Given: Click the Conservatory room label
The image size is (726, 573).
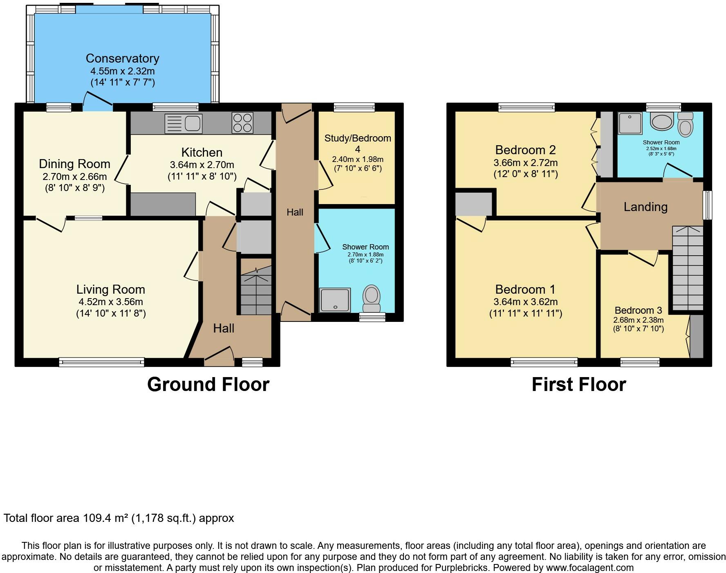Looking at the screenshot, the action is click(x=122, y=58).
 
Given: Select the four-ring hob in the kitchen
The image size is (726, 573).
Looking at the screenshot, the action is click(x=242, y=123).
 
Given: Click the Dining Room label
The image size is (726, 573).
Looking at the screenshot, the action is click(x=74, y=164).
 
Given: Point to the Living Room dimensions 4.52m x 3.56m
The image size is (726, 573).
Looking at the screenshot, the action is click(x=111, y=302).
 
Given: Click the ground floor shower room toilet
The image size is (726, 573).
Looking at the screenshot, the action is click(x=372, y=299).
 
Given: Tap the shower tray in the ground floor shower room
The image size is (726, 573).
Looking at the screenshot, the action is click(x=335, y=300).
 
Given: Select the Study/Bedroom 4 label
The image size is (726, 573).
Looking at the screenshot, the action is click(x=358, y=144).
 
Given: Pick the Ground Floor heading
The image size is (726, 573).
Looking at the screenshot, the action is click(x=208, y=384).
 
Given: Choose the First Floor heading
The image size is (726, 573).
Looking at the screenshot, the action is click(x=579, y=384).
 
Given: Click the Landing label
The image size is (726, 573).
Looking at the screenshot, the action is click(x=645, y=207).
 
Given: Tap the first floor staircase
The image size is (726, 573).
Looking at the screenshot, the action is click(x=688, y=268).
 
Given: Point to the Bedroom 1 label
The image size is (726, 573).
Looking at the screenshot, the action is click(x=525, y=290).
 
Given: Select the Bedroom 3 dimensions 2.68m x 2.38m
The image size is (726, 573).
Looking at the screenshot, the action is click(x=638, y=320).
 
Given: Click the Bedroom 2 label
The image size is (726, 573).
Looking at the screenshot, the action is click(x=525, y=150).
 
